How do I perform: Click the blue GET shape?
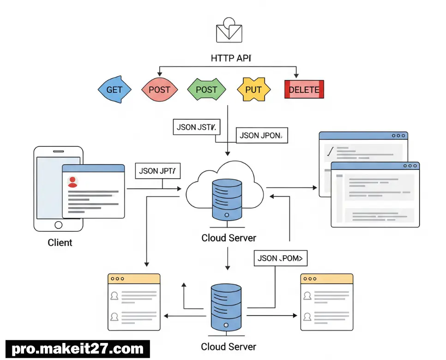(x=115, y=90)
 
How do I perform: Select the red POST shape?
(x=159, y=90)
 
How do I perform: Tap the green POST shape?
(x=206, y=90)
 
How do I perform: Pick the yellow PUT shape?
(x=253, y=90)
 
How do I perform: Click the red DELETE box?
(x=304, y=90)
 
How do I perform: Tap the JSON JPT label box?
(x=157, y=171)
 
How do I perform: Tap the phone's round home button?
(x=59, y=225)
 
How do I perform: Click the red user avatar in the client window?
(x=72, y=181)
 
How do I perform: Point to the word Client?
(x=60, y=242)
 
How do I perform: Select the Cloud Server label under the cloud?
(x=229, y=238)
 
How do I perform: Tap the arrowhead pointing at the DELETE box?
(x=296, y=75)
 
